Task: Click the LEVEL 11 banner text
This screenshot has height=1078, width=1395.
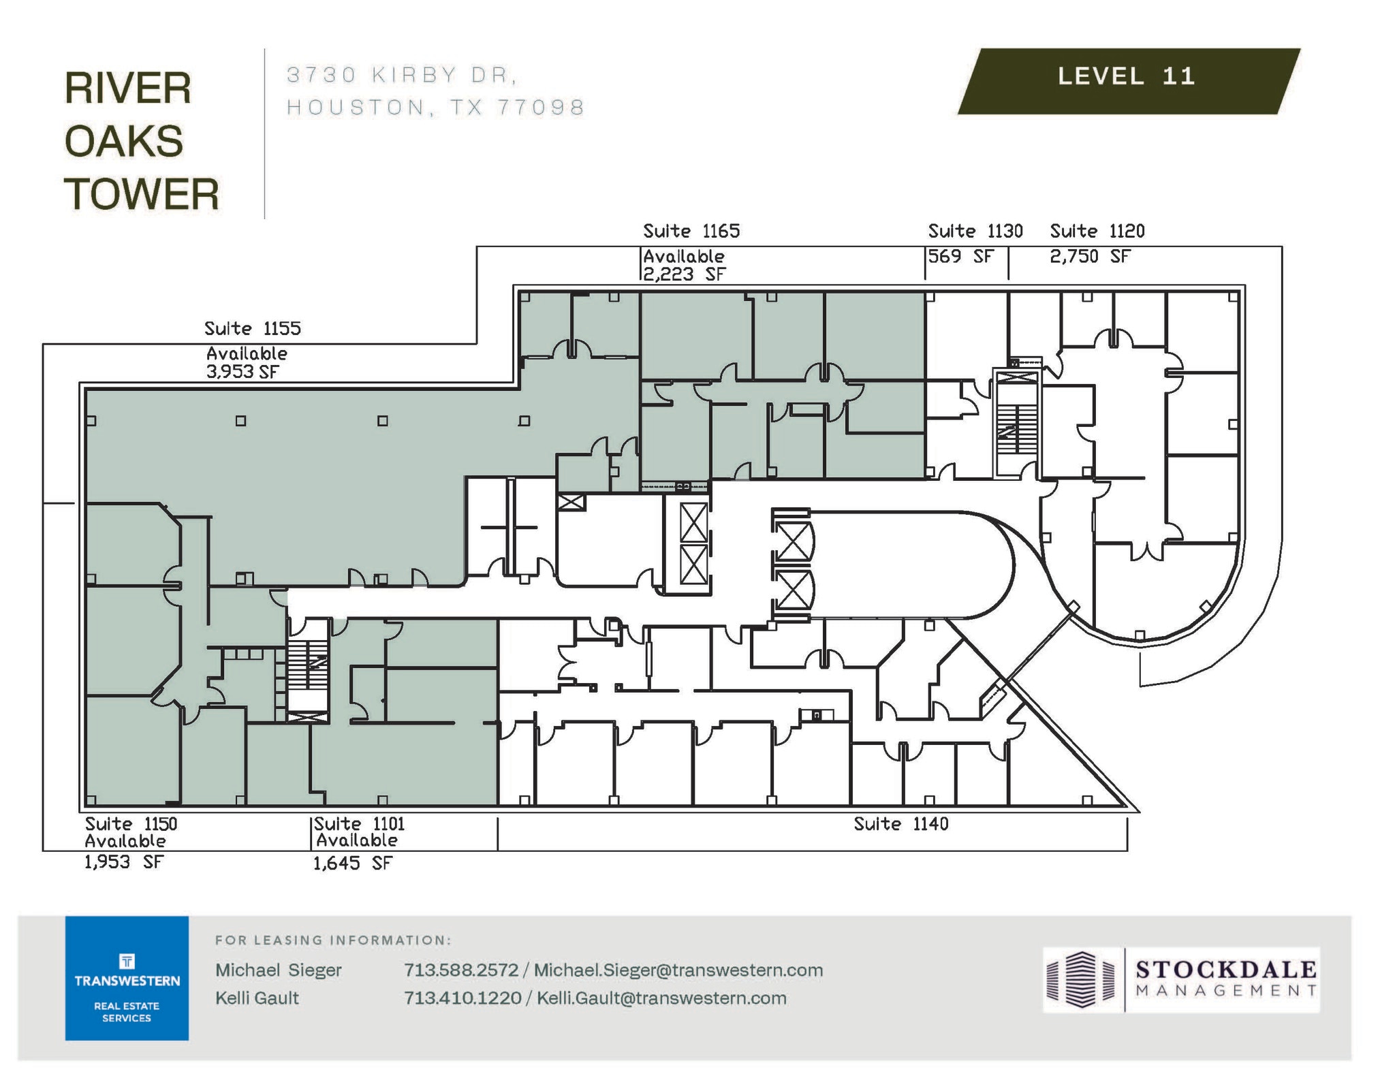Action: (1126, 76)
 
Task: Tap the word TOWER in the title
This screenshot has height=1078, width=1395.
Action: (142, 194)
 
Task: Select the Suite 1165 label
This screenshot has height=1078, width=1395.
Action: (691, 232)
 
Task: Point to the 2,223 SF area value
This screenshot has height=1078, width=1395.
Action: (685, 274)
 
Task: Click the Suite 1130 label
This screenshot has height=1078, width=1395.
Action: (975, 232)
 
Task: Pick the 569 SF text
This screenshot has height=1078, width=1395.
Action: (960, 257)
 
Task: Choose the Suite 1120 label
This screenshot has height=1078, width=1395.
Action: (1097, 232)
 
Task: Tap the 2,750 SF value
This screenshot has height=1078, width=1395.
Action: (1090, 257)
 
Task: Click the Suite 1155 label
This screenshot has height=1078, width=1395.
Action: (253, 329)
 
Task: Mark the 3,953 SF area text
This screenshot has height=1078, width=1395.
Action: (242, 372)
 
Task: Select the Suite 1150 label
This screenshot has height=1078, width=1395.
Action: (131, 824)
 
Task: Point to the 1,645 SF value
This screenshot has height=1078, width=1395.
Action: (352, 863)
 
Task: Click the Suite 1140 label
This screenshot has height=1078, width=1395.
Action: (900, 824)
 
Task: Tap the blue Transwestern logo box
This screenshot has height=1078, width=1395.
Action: (127, 977)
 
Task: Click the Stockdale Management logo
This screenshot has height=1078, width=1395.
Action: (1181, 979)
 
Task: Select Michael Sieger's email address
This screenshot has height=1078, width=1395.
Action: (678, 970)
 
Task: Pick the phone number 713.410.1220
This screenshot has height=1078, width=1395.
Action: (463, 998)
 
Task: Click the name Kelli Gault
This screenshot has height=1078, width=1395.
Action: (257, 998)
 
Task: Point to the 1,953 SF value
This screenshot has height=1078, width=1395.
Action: (124, 862)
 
